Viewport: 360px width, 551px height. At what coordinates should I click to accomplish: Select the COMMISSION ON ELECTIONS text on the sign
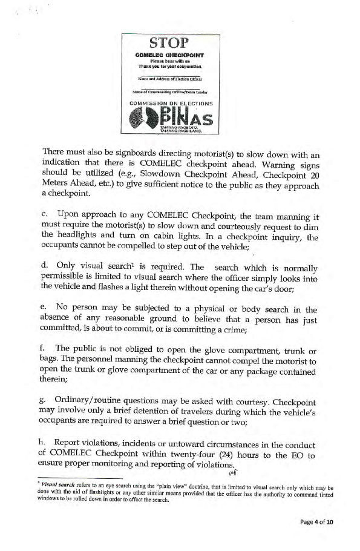[x=171, y=104]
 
